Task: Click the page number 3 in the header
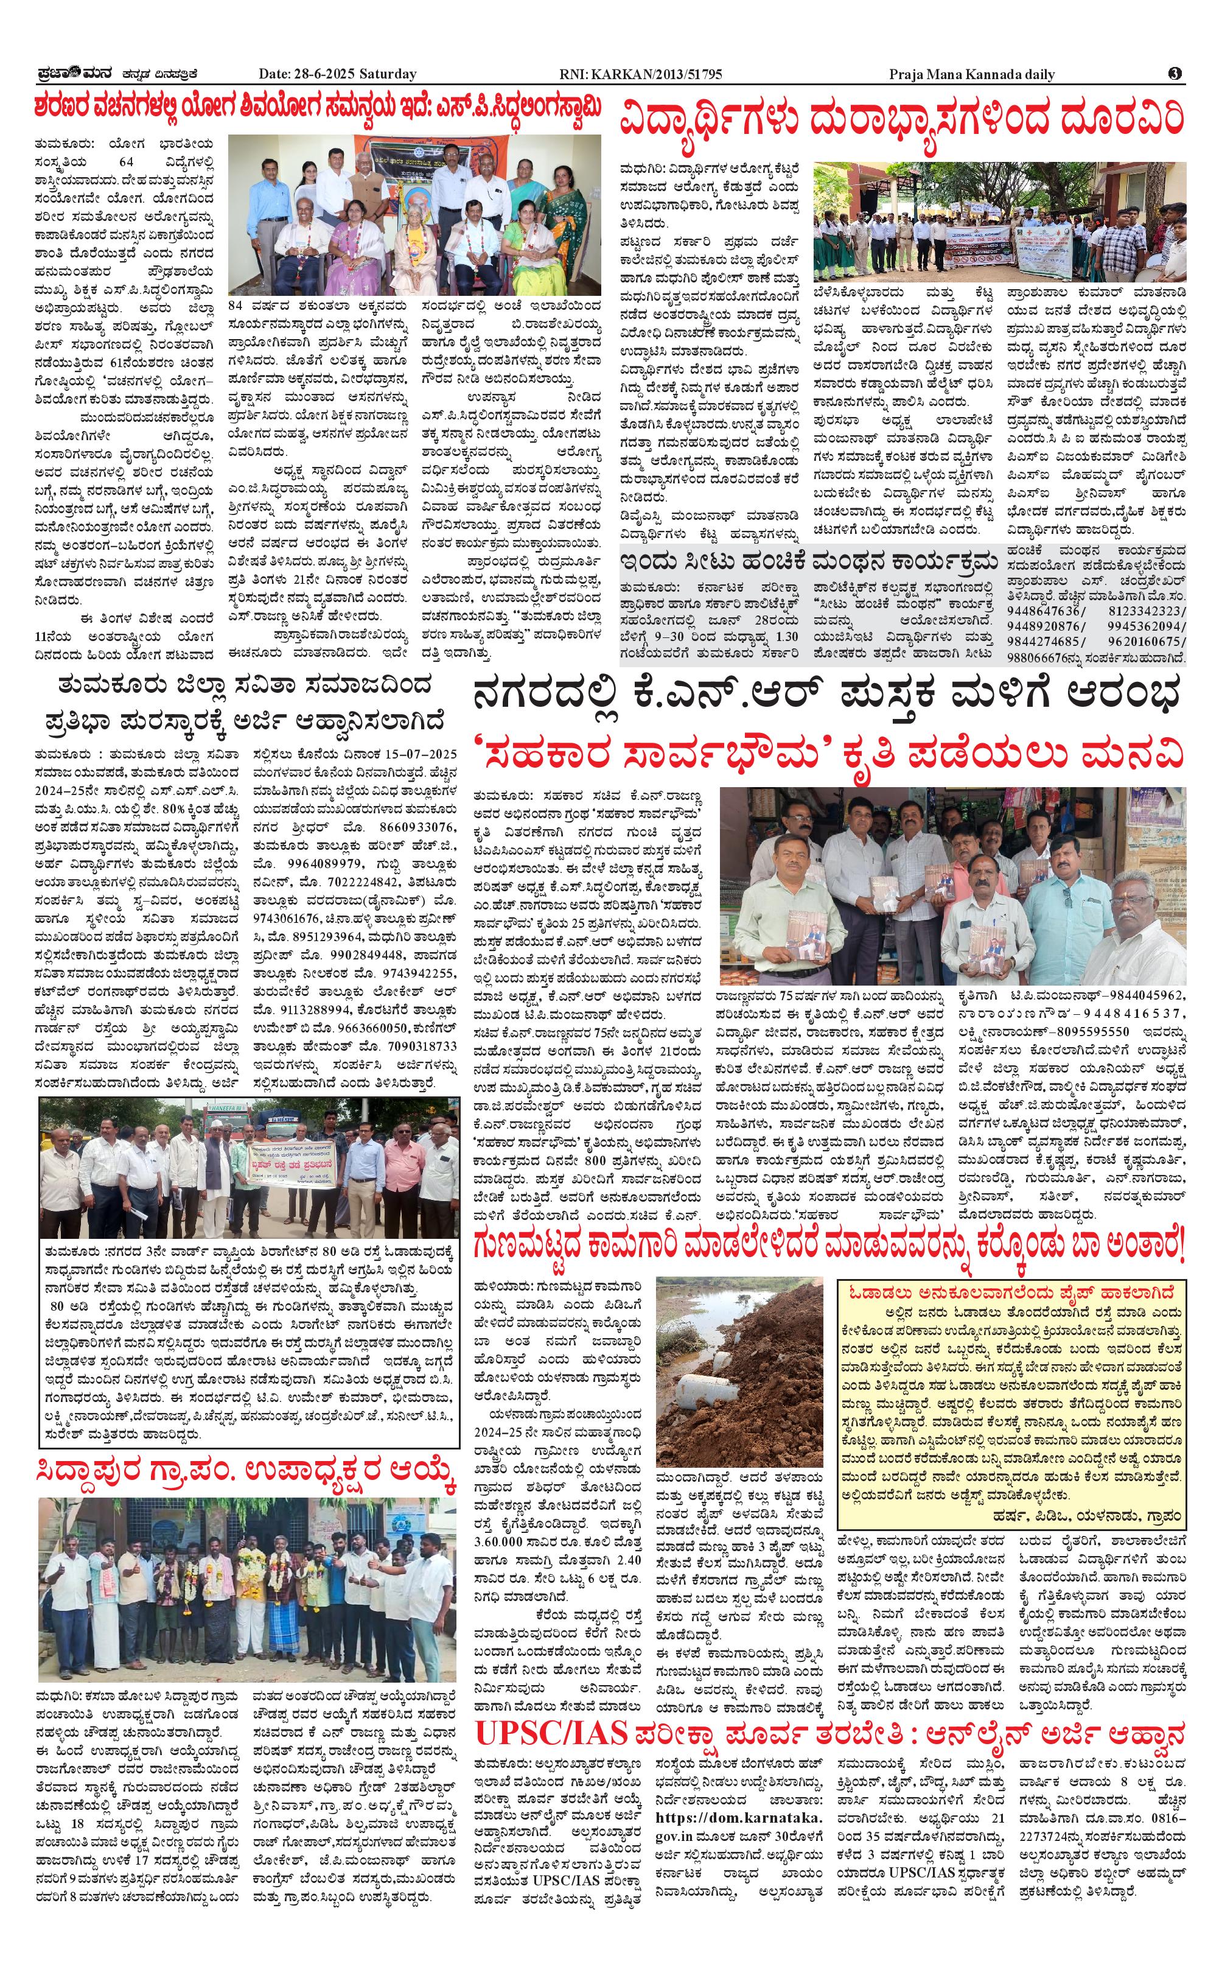(1175, 74)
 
